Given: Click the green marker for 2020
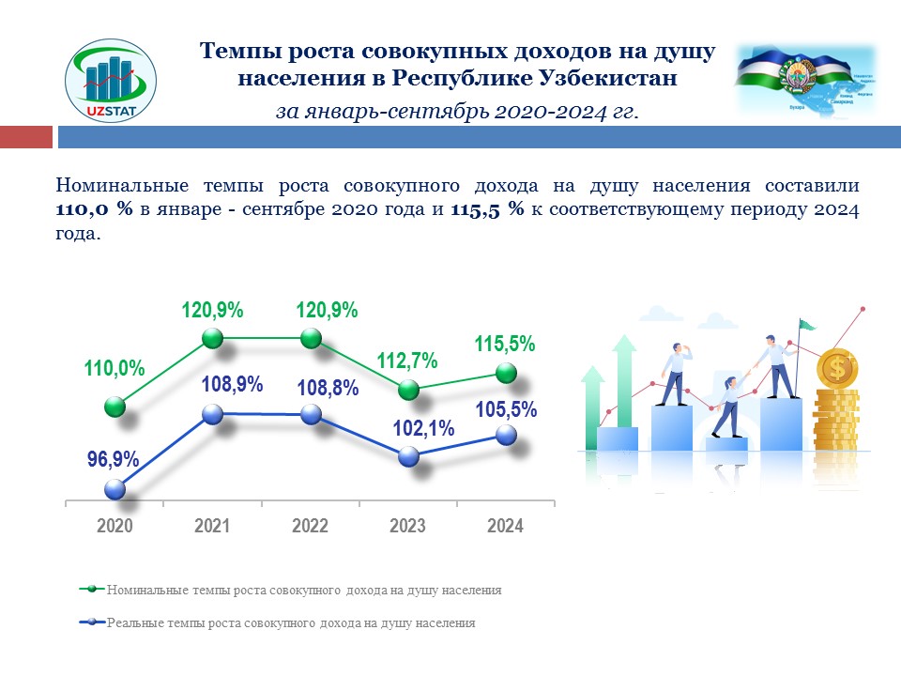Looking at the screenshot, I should [x=115, y=407].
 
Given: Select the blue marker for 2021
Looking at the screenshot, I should [x=213, y=414].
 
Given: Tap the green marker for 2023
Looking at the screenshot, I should [x=408, y=389].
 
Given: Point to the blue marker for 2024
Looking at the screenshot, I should [x=506, y=435].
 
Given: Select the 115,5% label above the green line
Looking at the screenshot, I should [x=504, y=344].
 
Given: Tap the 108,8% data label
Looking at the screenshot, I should [x=328, y=386].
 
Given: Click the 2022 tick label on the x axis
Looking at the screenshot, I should [x=310, y=526].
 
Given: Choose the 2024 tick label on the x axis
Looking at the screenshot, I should [x=505, y=526].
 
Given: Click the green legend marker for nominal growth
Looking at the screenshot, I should [x=92, y=590].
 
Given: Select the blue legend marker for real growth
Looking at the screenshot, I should [x=92, y=622].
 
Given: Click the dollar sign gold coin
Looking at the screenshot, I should [x=837, y=368].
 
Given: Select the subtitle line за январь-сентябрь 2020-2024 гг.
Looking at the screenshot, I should [x=457, y=111].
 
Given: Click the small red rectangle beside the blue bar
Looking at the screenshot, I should [x=25, y=138].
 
